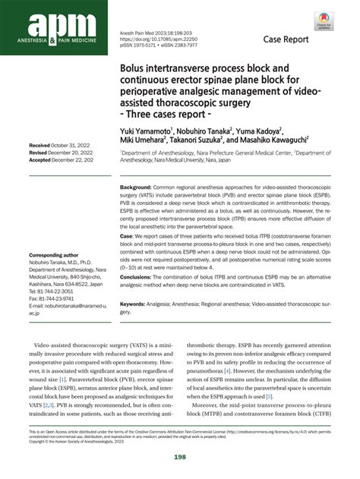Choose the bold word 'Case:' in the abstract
tap(128, 236)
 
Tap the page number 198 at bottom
tap(179, 456)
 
